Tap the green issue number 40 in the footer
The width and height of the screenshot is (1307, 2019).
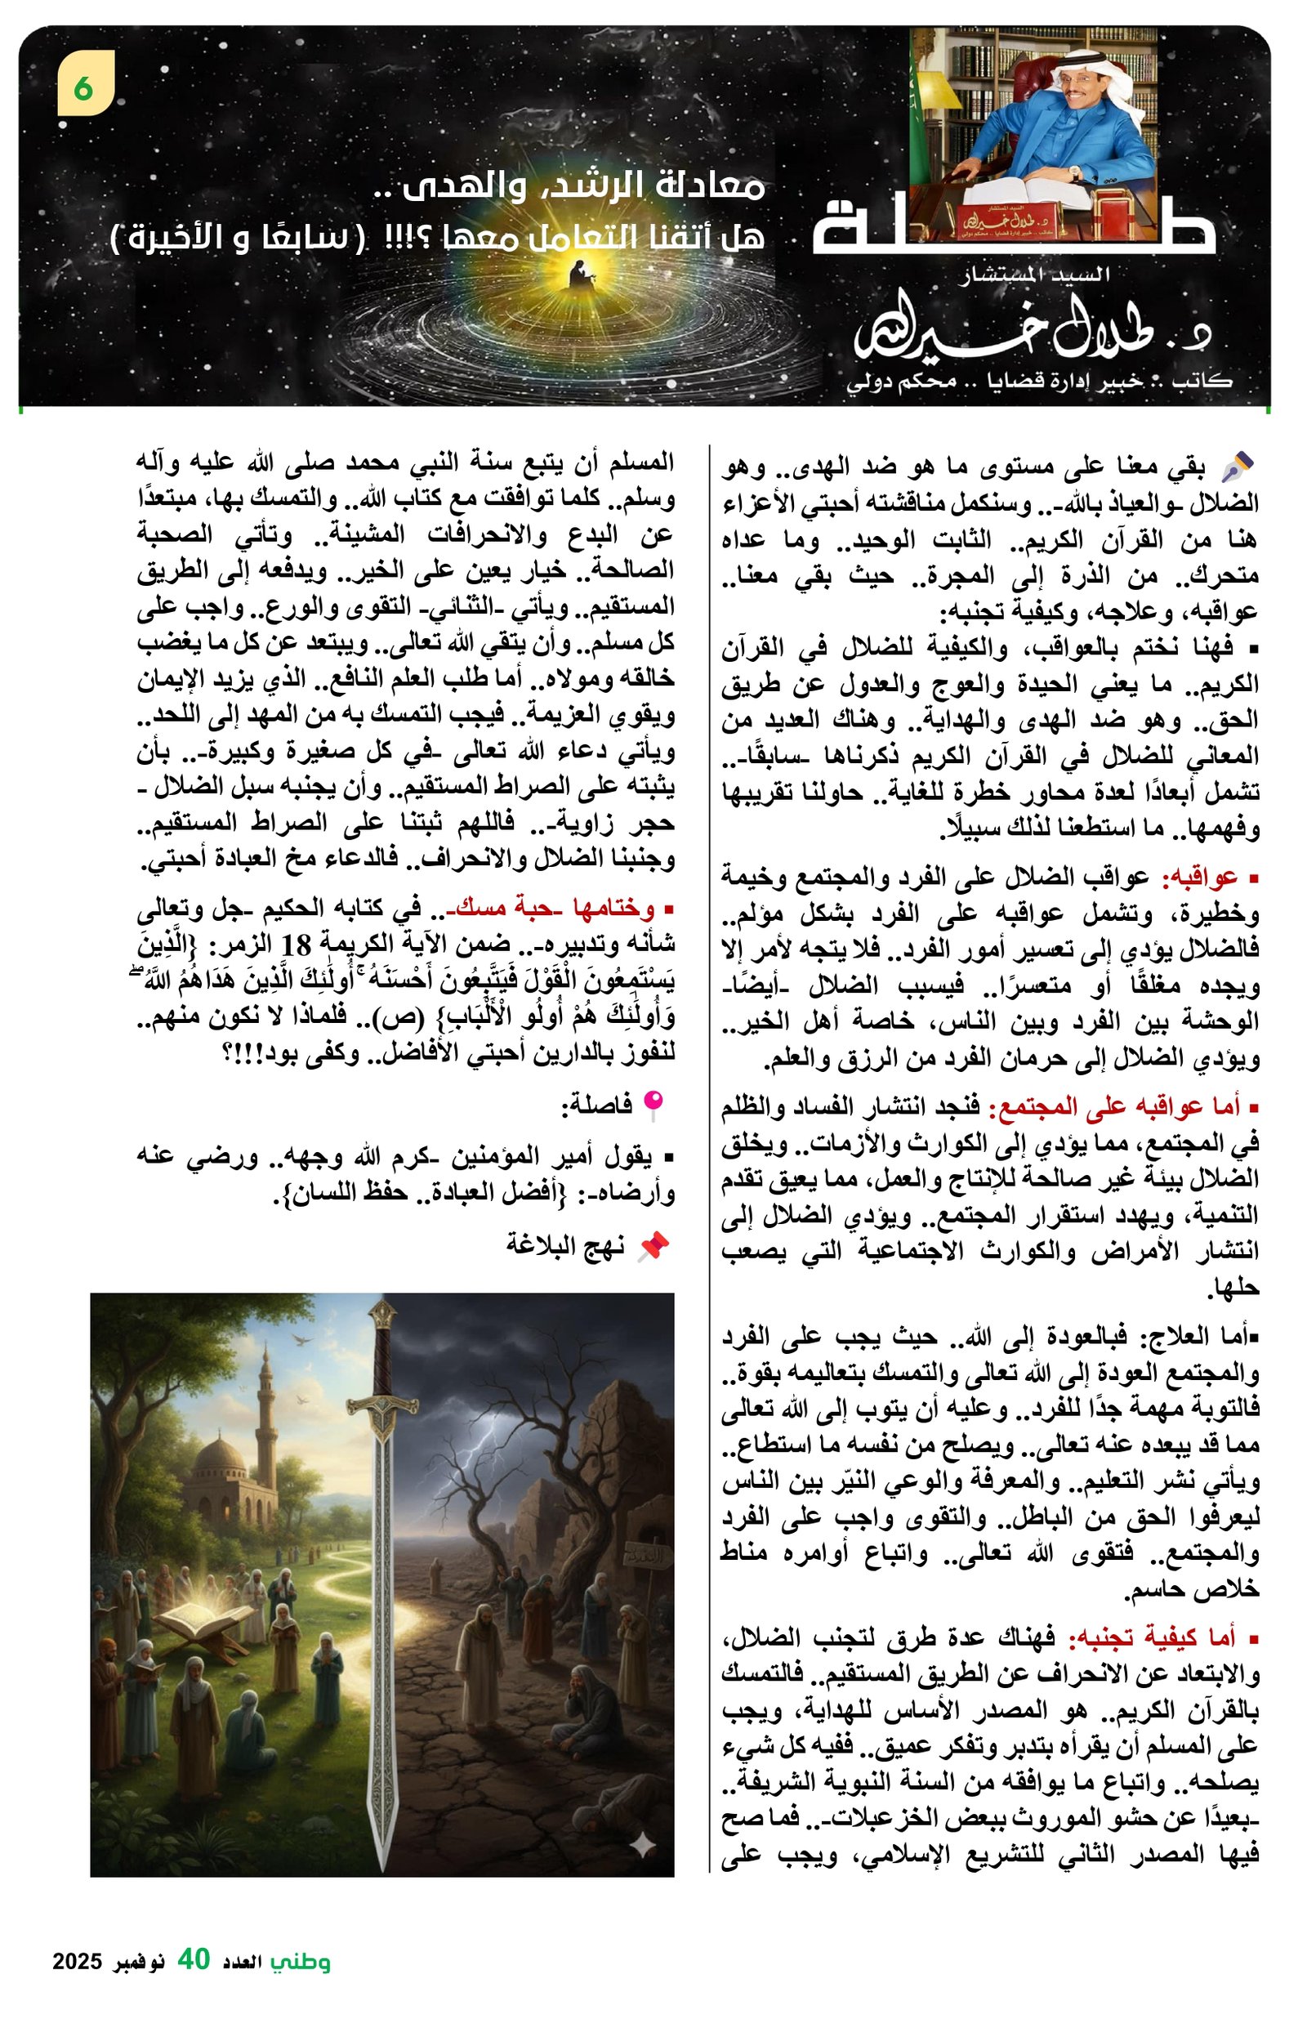click(x=194, y=1959)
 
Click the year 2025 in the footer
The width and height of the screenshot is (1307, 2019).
click(x=77, y=1962)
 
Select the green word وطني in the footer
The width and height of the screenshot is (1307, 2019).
click(x=301, y=1961)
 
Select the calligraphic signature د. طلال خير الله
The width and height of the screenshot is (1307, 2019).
click(x=1031, y=335)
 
